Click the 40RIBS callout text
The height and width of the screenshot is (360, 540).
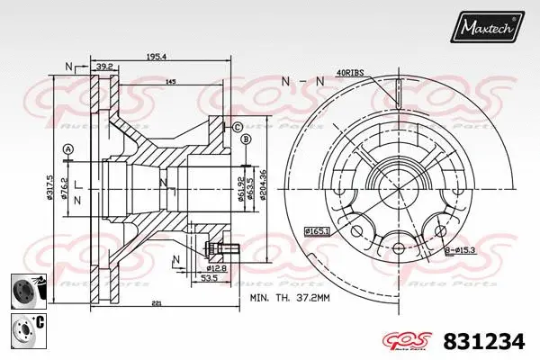[349, 72]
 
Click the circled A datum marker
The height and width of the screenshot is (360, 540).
[68, 148]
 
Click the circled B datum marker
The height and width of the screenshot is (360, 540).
[245, 139]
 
